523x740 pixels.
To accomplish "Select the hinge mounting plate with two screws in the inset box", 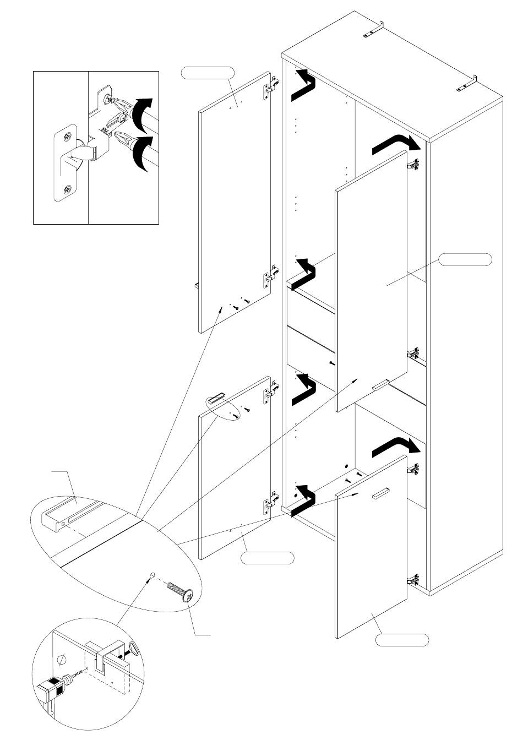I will tap(66, 162).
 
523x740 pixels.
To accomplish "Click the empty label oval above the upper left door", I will tap(208, 72).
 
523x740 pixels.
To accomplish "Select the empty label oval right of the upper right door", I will tap(465, 259).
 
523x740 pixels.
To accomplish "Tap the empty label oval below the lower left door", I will tap(268, 558).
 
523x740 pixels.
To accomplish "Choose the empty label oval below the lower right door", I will tap(402, 640).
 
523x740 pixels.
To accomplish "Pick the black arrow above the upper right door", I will tap(396, 144).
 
